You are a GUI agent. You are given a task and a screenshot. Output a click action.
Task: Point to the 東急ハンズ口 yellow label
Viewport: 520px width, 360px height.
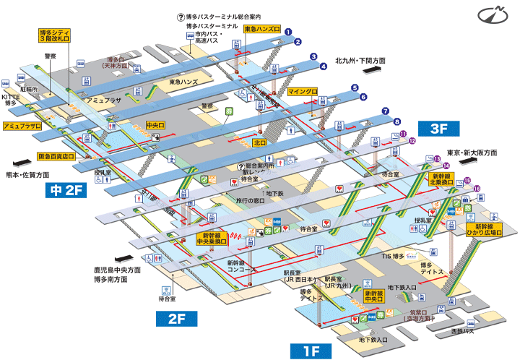point(260,28)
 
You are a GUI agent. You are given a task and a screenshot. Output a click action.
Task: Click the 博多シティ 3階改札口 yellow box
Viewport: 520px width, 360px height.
point(56,37)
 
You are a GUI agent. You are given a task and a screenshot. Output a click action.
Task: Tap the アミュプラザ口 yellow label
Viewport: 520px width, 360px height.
point(22,126)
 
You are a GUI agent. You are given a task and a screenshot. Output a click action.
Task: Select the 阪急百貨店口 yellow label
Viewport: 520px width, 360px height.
point(57,155)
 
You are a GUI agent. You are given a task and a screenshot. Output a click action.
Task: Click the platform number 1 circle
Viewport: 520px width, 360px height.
point(287,31)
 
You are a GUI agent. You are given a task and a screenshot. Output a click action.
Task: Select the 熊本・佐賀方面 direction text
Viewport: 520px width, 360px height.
point(28,175)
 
